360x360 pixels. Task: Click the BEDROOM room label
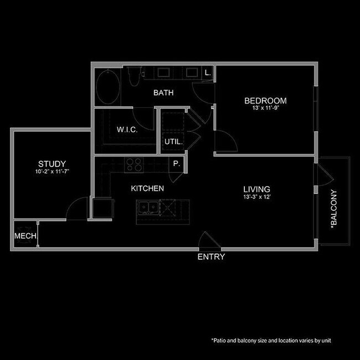pyautogui.click(x=265, y=101)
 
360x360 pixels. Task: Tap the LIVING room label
pyautogui.click(x=256, y=189)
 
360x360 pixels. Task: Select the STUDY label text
pyautogui.click(x=52, y=164)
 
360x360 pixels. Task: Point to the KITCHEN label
pyautogui.click(x=147, y=189)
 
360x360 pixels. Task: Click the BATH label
pyautogui.click(x=163, y=93)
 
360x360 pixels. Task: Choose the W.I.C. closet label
pyautogui.click(x=127, y=130)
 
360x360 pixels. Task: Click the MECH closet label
pyautogui.click(x=25, y=236)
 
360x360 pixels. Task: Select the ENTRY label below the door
pyautogui.click(x=211, y=257)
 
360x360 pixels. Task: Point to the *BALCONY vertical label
pyautogui.click(x=333, y=209)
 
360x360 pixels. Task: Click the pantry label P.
pyautogui.click(x=177, y=164)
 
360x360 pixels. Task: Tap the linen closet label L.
pyautogui.click(x=208, y=73)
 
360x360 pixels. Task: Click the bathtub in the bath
pyautogui.click(x=107, y=88)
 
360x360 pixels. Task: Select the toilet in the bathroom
pyautogui.click(x=133, y=76)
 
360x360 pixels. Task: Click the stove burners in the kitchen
pyautogui.click(x=134, y=164)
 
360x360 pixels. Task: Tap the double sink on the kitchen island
pyautogui.click(x=148, y=208)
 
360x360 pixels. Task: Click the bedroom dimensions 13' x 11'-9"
pyautogui.click(x=265, y=109)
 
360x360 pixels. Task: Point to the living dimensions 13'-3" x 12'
pyautogui.click(x=256, y=197)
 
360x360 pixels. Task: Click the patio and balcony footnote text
pyautogui.click(x=271, y=341)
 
